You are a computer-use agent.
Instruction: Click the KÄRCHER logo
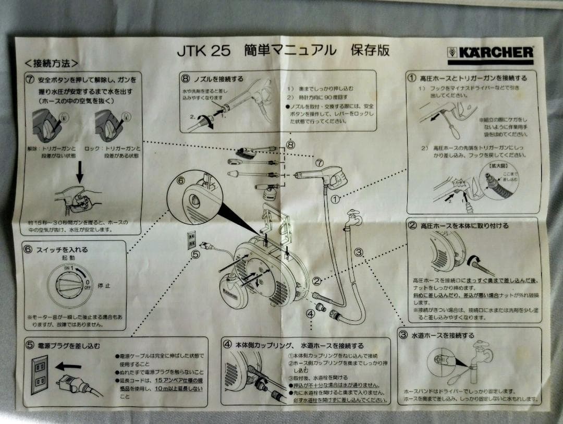click(x=490, y=53)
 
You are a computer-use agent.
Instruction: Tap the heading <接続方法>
click(x=52, y=64)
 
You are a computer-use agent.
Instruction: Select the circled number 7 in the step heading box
click(x=30, y=80)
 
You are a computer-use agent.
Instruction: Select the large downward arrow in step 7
click(x=79, y=172)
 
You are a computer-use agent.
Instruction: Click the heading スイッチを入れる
click(x=62, y=250)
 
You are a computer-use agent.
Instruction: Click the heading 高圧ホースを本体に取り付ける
click(x=464, y=226)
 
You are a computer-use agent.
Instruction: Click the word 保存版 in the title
click(x=370, y=51)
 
